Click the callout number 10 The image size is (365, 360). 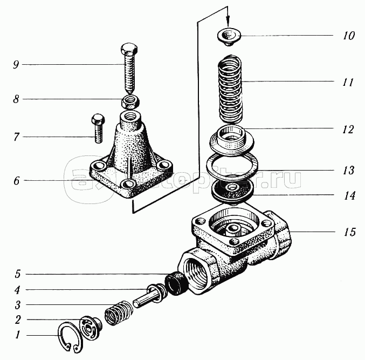click(x=348, y=36)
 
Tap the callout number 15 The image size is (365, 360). click(x=349, y=232)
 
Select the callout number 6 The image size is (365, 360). click(x=17, y=181)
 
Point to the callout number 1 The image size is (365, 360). click(x=17, y=335)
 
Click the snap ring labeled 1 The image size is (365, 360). click(x=61, y=335)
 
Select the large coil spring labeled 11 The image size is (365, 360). click(x=230, y=89)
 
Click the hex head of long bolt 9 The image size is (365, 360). click(x=129, y=49)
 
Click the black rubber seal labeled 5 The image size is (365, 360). click(x=176, y=284)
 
